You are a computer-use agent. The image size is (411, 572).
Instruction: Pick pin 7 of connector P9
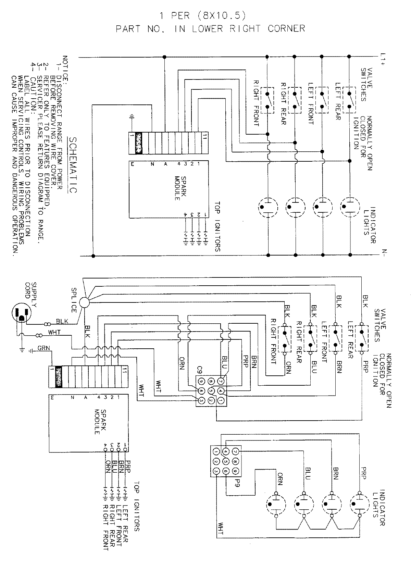click(x=235, y=451)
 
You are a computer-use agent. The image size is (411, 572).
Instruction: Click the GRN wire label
click(x=43, y=348)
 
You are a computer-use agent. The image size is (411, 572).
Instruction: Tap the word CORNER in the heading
click(x=287, y=29)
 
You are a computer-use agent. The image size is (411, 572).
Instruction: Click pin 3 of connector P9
click(x=216, y=471)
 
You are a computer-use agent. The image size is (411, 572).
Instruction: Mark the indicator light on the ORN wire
click(x=276, y=504)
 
